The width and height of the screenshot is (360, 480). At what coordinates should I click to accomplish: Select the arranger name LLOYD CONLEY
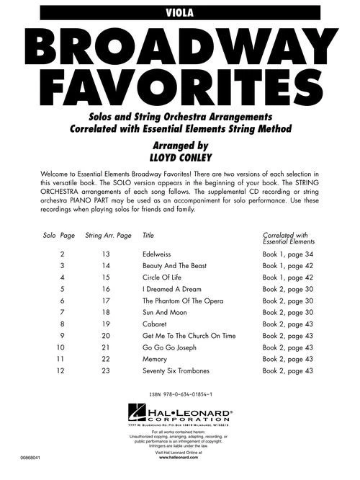179,156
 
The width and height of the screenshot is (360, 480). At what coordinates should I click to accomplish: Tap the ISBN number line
180,395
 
